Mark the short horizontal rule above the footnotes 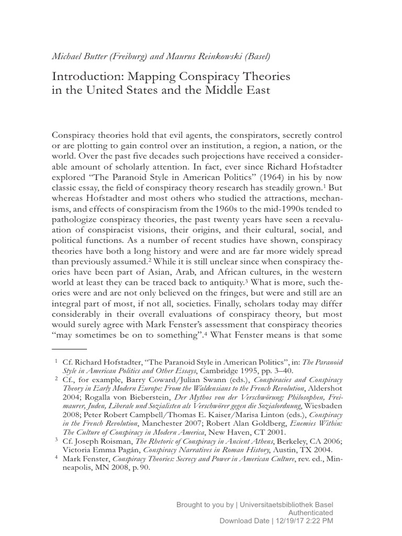(70, 348)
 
